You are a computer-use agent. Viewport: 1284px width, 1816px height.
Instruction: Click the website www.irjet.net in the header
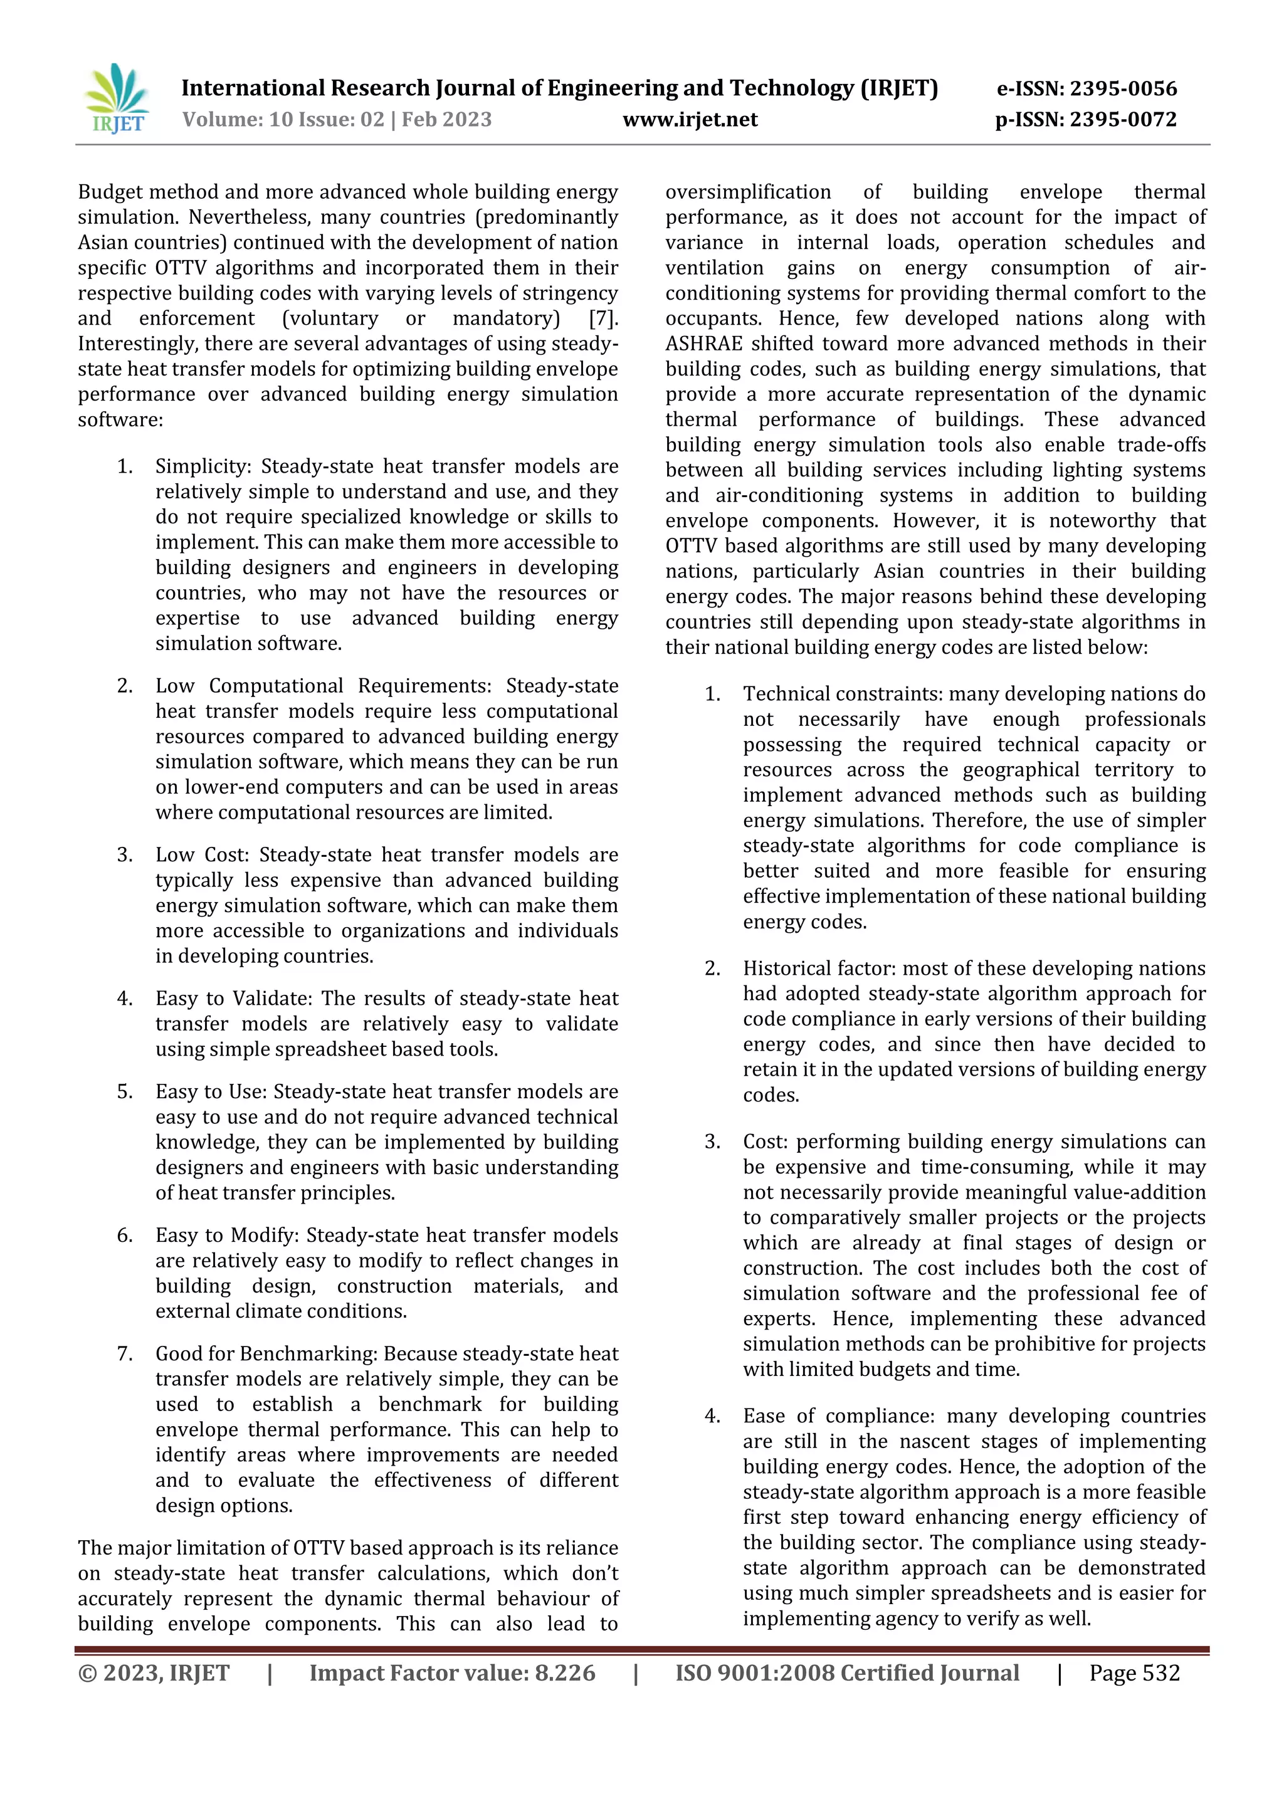click(x=689, y=120)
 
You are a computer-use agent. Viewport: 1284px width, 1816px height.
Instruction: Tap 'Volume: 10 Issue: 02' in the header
click(x=282, y=120)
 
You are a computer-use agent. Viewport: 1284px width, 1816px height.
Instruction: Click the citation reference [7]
click(x=603, y=318)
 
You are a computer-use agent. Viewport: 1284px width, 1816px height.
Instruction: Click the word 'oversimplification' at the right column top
click(x=747, y=192)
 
